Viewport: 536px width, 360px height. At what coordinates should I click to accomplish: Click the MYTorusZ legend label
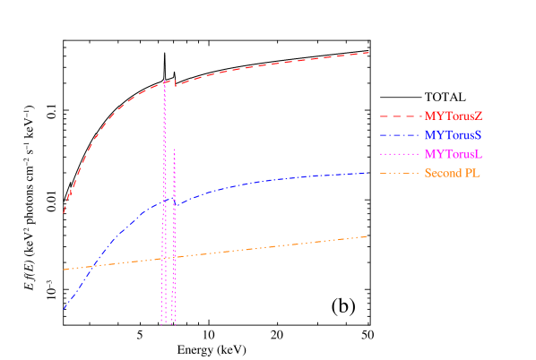click(454, 116)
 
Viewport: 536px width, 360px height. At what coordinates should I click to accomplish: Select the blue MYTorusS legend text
click(454, 134)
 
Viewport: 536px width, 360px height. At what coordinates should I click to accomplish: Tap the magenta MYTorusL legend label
click(454, 154)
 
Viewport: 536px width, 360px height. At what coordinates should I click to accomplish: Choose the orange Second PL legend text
click(453, 173)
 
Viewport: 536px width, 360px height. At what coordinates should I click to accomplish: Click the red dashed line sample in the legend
click(400, 116)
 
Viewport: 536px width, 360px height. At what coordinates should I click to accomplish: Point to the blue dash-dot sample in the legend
click(400, 135)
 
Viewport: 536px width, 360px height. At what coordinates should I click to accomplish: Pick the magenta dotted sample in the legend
click(400, 154)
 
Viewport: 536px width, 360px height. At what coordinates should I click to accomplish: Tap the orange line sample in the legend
click(400, 173)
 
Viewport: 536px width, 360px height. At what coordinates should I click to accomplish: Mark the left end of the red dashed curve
click(64, 213)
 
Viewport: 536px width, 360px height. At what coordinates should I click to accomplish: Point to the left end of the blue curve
click(64, 310)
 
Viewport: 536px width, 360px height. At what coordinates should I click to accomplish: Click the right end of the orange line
click(367, 236)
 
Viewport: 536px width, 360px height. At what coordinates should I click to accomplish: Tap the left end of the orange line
click(64, 269)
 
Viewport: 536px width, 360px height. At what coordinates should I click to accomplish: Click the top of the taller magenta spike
click(164, 81)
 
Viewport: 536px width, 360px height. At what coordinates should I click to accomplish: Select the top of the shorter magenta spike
click(174, 148)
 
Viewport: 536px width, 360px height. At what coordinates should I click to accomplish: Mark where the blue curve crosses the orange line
click(94, 265)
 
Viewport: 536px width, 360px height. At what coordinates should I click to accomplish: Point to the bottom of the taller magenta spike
click(163, 323)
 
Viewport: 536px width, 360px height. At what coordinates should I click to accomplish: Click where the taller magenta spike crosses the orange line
click(164, 258)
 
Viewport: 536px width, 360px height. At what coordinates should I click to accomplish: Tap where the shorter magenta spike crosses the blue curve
click(174, 204)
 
